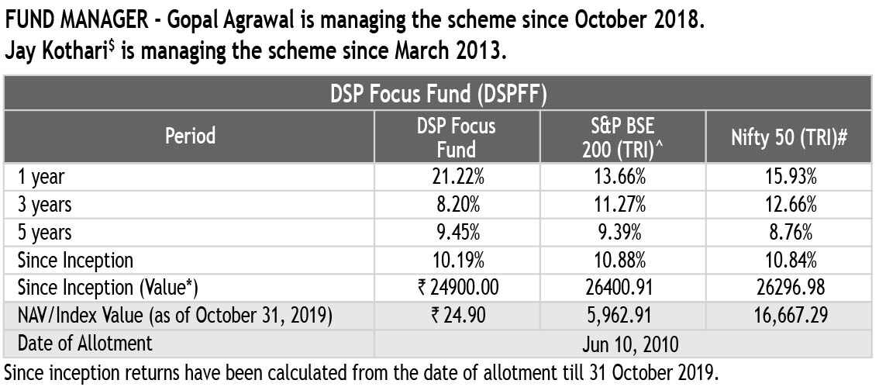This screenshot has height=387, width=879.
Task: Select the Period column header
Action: point(190,136)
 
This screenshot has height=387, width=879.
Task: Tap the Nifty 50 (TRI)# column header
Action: point(788,136)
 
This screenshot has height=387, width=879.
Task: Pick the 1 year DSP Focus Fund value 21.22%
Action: point(458,177)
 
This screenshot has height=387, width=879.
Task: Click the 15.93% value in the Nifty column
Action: point(788,177)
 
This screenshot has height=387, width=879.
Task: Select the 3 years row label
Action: point(45,205)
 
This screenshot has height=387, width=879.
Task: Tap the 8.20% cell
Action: point(458,205)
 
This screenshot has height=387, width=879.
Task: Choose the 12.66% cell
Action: point(788,205)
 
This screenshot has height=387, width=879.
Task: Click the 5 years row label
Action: point(45,232)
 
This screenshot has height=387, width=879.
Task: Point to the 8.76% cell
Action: point(788,232)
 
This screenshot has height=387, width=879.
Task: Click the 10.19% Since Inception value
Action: point(458,260)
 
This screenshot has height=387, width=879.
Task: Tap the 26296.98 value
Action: point(788,288)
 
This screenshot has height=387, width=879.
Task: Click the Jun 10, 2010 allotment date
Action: point(624,344)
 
